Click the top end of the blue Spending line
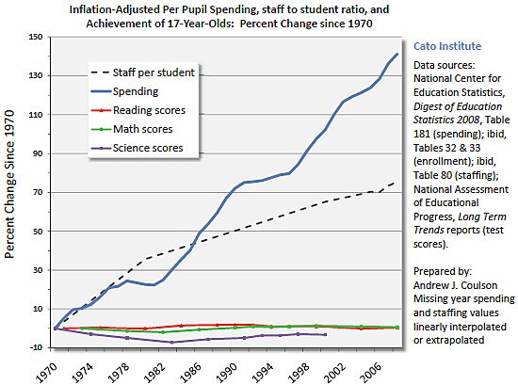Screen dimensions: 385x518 (397, 54)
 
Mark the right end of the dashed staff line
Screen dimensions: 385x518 (396, 182)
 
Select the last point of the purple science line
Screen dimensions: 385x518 (326, 334)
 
